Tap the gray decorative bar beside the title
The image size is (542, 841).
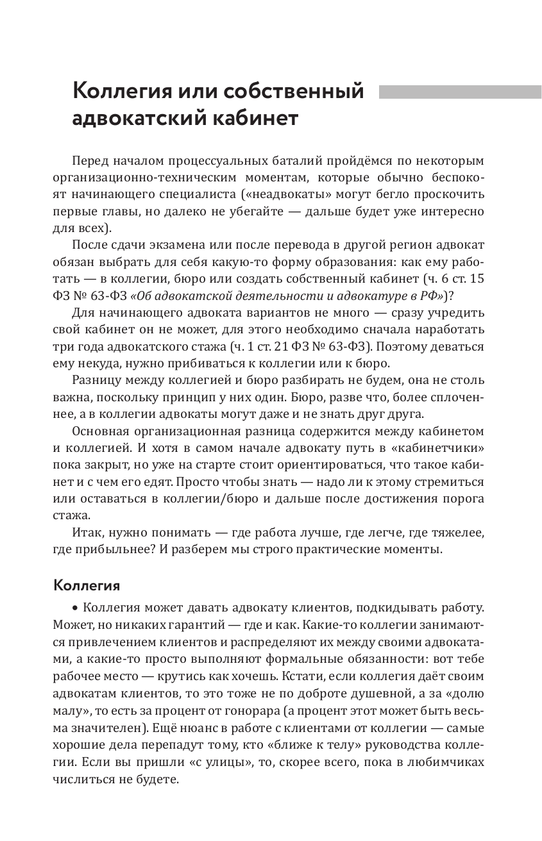(459, 92)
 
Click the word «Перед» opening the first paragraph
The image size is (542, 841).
(91, 160)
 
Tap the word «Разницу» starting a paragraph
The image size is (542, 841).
(97, 380)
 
